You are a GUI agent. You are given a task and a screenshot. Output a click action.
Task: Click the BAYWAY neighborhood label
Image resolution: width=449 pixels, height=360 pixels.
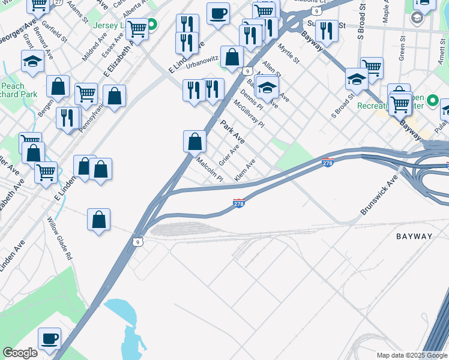[x=414, y=236]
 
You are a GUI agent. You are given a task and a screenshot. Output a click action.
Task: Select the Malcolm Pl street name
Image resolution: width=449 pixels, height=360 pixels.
[x=210, y=169]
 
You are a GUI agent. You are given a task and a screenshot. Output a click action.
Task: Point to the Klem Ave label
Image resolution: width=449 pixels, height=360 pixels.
[x=245, y=170]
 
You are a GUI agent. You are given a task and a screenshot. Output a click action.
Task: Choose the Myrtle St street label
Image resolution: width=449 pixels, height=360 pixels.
[x=288, y=52]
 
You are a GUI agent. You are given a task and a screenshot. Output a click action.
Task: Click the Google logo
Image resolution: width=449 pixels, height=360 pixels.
[x=20, y=353]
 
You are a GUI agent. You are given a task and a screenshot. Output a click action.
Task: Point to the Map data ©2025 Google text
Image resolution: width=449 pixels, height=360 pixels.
[x=411, y=355]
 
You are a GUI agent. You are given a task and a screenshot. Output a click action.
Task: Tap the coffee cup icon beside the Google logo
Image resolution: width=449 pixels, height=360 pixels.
[x=50, y=338]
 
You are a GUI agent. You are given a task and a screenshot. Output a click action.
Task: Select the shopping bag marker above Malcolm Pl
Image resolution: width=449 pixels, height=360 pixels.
[x=194, y=142]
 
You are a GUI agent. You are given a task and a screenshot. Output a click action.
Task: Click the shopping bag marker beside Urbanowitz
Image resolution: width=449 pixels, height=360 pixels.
[x=232, y=58]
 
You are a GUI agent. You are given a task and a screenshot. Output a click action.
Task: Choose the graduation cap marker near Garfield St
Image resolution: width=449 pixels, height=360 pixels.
[x=32, y=61]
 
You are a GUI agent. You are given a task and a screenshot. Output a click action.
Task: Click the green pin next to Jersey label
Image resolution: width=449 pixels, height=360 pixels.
[x=152, y=25]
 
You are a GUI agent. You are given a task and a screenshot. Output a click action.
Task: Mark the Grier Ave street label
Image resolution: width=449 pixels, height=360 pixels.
[x=229, y=155]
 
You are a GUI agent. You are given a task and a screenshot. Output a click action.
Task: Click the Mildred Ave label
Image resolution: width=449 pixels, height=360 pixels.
[x=95, y=49]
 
